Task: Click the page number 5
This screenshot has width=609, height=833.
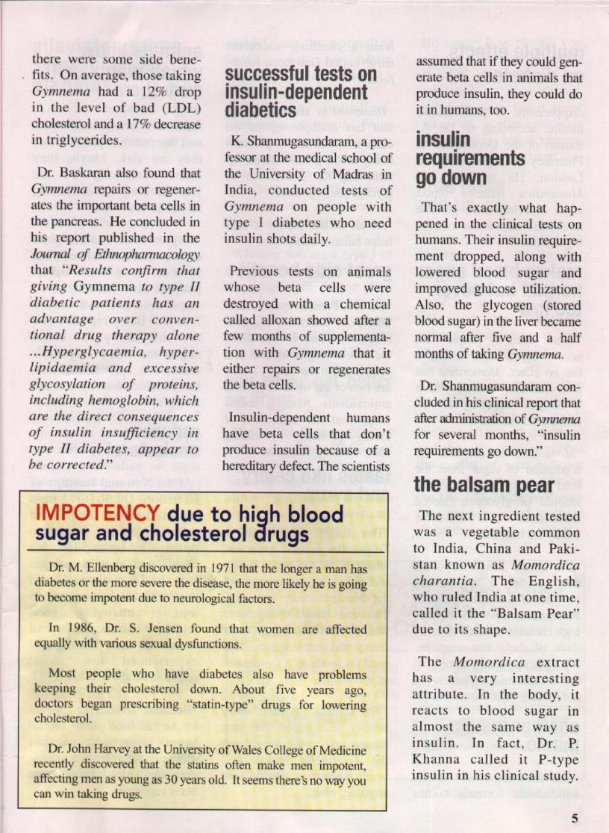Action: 575,817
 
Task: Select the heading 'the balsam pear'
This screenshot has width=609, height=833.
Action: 474,484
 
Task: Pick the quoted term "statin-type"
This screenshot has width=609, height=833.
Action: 237,704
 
